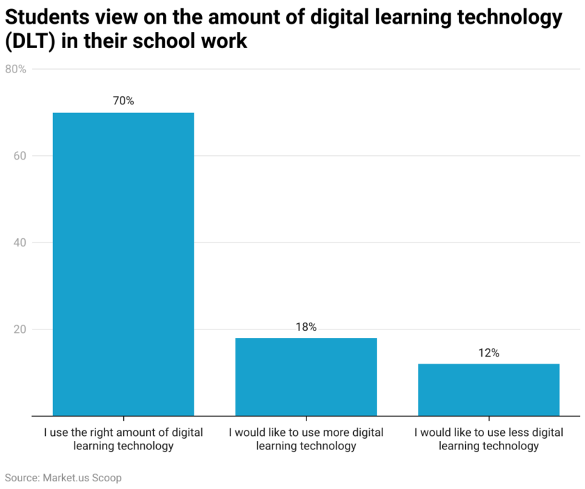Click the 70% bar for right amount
click(123, 264)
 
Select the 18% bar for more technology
click(306, 376)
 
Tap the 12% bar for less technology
click(488, 389)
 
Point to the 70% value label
click(123, 101)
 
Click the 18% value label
click(306, 327)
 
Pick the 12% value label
click(488, 353)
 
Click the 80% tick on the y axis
click(15, 69)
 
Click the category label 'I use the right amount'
click(123, 439)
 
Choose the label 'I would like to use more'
click(306, 439)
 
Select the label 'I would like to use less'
click(488, 439)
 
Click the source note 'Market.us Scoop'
click(82, 478)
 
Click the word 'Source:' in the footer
click(22, 478)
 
